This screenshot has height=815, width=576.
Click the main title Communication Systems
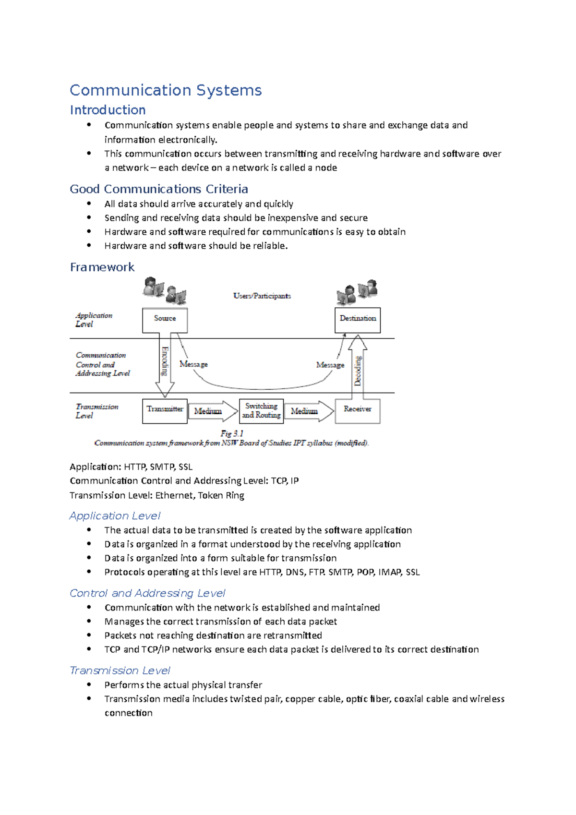coord(166,90)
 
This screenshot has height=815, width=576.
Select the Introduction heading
coord(108,110)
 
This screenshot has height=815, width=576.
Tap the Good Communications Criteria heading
coord(159,189)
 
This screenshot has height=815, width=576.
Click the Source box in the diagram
coord(165,320)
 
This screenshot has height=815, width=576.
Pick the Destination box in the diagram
coord(358,320)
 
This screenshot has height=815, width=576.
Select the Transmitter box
coord(165,411)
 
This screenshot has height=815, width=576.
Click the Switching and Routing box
coord(261,411)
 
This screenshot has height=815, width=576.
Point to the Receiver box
coord(358,411)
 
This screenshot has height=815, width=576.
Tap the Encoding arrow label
coord(165,361)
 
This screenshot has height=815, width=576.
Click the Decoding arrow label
coord(358,370)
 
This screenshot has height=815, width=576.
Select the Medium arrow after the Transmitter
coord(210,411)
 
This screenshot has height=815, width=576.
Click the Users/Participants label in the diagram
coord(262,296)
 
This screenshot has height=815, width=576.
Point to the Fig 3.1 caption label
coord(232,433)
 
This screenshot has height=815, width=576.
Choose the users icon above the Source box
coord(165,291)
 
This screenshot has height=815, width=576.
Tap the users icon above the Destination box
coord(357,291)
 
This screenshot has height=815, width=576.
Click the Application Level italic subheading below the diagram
coord(115,515)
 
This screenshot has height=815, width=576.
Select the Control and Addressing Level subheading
coord(147,593)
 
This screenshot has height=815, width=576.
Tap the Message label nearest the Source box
coord(193,364)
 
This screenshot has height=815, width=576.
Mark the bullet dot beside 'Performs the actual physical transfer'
coord(89,684)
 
